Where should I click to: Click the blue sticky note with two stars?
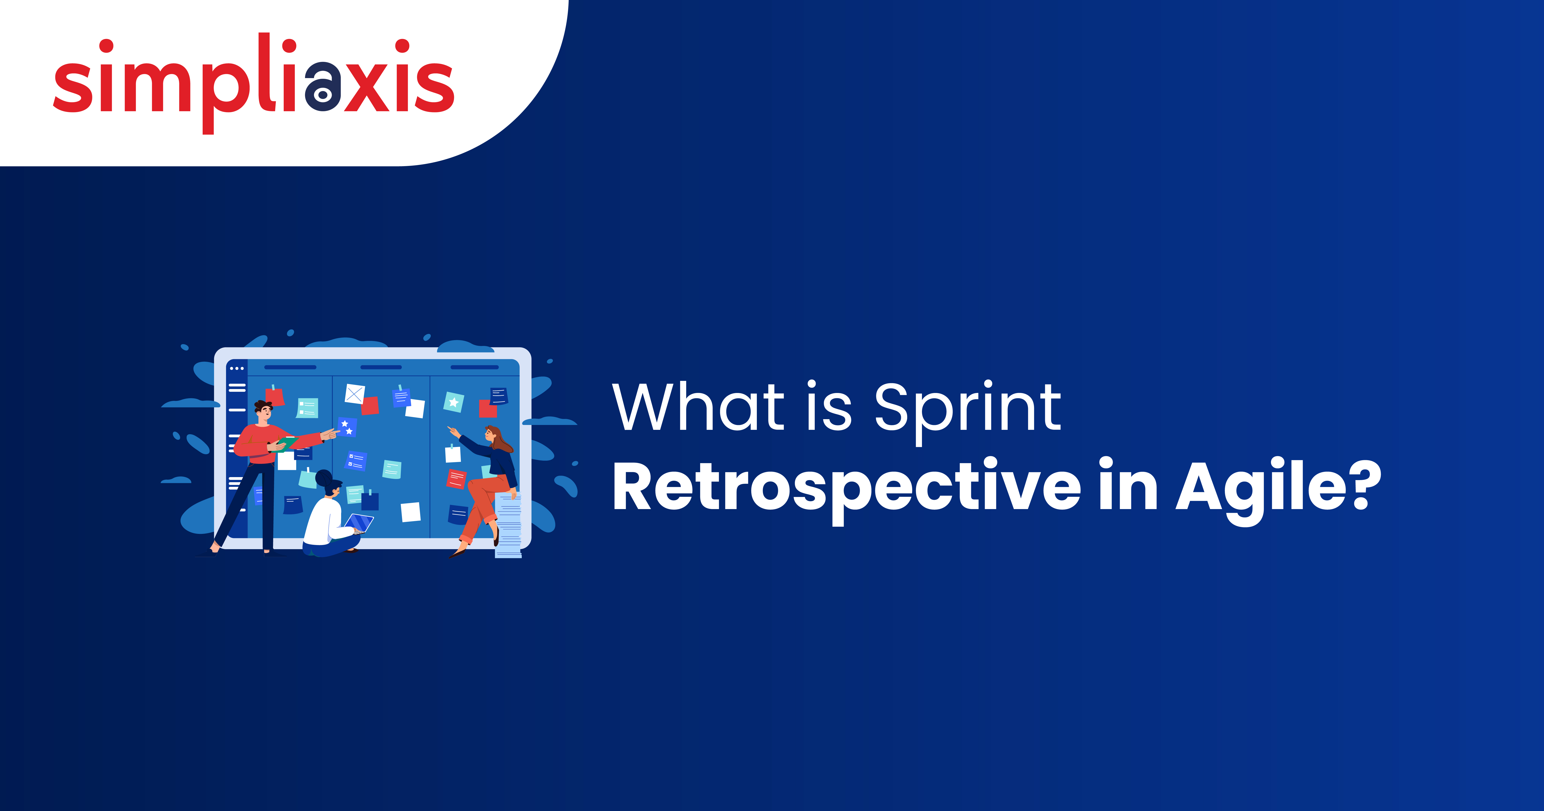coord(347,427)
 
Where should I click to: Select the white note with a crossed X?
coord(355,394)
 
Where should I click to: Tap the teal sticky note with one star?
coord(454,402)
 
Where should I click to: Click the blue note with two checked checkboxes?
coord(356,461)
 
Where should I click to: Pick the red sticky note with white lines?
coord(456,479)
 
